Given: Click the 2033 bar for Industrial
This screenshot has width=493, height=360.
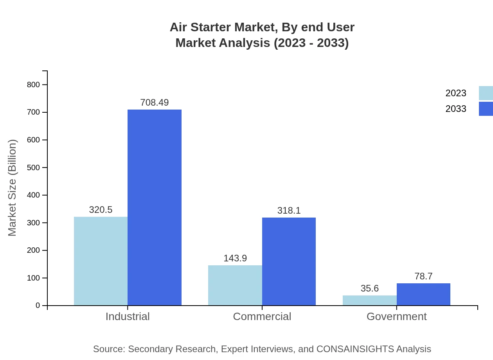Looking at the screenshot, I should tap(155, 207).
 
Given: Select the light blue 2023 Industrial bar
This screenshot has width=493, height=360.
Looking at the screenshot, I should tap(101, 261).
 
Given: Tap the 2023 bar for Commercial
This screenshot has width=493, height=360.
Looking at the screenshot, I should tap(235, 285).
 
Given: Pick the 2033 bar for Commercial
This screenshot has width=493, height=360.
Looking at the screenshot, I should tap(289, 261).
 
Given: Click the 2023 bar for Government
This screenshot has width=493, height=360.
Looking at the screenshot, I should tap(369, 300).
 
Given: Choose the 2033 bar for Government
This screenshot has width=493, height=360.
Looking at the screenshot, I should tap(423, 294).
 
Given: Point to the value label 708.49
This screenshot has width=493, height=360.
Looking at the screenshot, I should tap(155, 103).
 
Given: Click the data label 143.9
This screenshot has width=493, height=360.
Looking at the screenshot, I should tap(235, 258).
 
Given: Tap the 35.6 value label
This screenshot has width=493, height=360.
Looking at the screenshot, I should tap(369, 288).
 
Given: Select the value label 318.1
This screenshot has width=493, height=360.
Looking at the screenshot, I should tap(289, 211).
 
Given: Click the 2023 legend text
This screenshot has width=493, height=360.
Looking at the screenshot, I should tap(456, 93).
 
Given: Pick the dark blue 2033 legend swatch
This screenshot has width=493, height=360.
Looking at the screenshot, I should tap(486, 109).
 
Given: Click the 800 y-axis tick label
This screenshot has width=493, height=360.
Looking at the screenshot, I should tap(33, 85).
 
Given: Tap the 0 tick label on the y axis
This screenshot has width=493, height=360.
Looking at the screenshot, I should tap(38, 305).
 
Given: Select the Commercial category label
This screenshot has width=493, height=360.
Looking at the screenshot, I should tap(262, 317).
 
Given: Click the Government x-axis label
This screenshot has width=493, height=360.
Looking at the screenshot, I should tap(396, 317).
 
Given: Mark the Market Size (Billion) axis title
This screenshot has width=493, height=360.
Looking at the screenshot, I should tap(13, 188).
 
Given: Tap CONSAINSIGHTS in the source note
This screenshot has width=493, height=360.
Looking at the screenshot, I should tap(355, 349).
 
